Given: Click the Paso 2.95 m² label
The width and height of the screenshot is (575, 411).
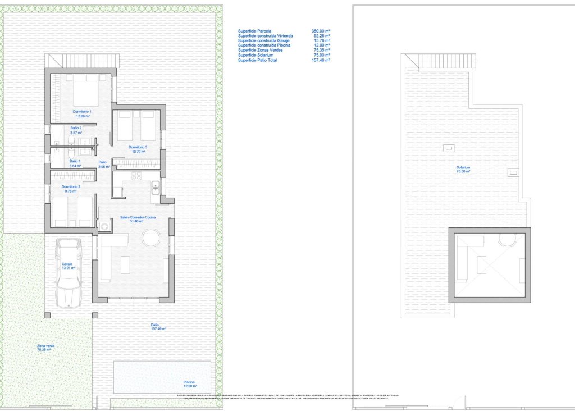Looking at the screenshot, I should point(103,165).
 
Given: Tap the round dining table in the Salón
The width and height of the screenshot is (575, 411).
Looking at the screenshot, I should point(150,238).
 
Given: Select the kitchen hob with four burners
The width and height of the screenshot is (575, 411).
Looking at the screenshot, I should point(136,176).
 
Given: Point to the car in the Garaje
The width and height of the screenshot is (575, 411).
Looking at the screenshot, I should point(69,273).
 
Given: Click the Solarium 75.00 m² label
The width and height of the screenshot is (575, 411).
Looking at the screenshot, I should point(463,170).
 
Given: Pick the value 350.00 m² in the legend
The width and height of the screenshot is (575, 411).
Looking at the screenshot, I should point(321,31).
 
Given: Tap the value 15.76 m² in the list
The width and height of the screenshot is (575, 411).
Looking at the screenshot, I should point(322,41).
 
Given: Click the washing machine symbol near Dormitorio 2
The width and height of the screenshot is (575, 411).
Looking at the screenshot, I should point(105,226).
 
